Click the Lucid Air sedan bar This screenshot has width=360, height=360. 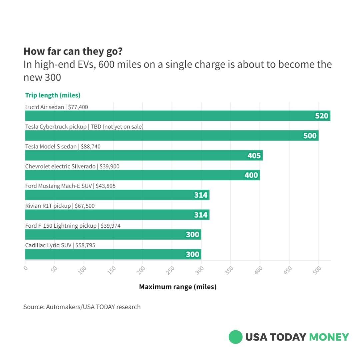click(x=167, y=116)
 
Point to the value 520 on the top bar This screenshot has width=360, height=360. click(x=322, y=116)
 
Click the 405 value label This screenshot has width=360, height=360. click(x=254, y=156)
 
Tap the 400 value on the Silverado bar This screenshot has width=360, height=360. click(x=251, y=175)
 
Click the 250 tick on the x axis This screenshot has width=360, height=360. click(x=170, y=270)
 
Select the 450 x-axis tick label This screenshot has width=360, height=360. click(x=288, y=270)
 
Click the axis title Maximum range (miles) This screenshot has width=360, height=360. click(x=178, y=287)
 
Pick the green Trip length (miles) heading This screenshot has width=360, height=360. click(x=53, y=95)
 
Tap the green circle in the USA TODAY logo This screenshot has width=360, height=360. click(x=235, y=337)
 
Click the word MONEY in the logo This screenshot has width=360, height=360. click(x=329, y=337)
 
